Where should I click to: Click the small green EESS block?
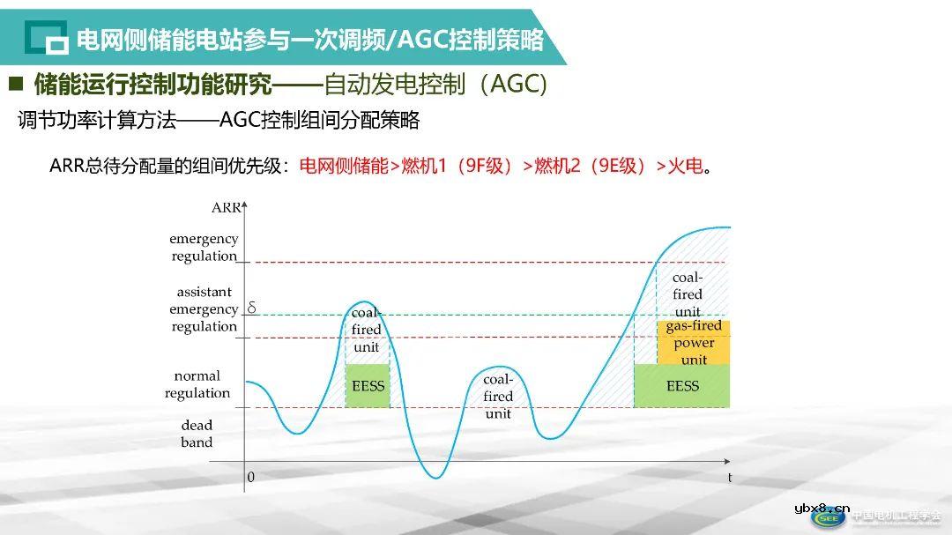click(366, 386)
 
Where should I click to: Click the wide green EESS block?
click(681, 386)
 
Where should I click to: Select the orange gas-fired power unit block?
click(694, 342)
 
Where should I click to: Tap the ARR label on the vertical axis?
click(226, 208)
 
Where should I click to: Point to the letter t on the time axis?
click(730, 478)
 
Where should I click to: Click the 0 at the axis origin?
click(250, 477)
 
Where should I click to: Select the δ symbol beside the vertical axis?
click(251, 308)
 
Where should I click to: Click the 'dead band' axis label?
click(197, 434)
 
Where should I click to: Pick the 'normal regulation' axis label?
click(197, 384)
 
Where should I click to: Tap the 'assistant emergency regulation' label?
click(204, 308)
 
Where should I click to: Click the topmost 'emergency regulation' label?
click(204, 247)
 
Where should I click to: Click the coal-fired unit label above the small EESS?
click(366, 330)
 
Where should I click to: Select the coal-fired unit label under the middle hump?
click(498, 396)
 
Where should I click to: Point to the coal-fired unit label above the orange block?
click(688, 294)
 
